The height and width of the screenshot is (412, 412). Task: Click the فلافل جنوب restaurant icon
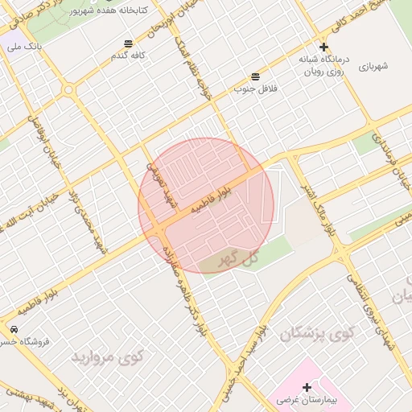[255, 76]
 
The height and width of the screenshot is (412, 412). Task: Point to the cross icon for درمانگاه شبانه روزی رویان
[323, 47]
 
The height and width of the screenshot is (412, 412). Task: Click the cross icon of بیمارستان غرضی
[307, 388]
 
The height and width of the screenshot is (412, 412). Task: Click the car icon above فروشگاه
[14, 330]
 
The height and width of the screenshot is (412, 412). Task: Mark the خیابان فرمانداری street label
[393, 165]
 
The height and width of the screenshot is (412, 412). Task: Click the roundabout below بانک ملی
[68, 89]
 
